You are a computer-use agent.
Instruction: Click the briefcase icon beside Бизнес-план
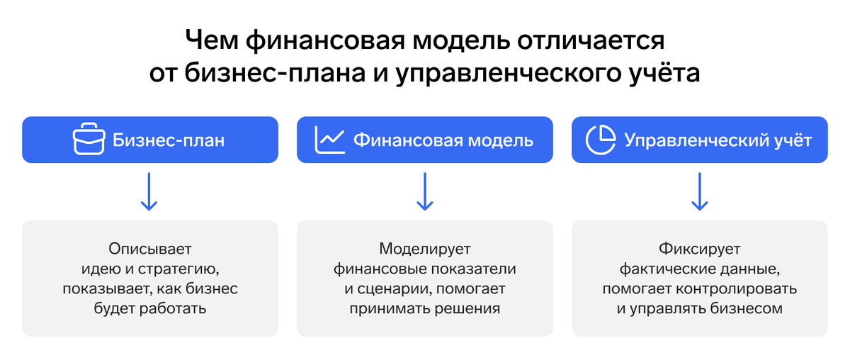[x=89, y=139]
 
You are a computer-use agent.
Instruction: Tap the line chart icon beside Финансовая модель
[x=330, y=140]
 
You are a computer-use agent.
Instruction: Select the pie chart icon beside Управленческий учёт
[x=601, y=140]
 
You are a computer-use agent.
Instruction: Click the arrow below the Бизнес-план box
[x=149, y=192]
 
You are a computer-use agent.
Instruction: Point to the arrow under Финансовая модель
[x=424, y=192]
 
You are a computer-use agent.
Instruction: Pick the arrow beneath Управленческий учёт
[x=699, y=192]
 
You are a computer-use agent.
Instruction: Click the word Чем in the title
[x=212, y=40]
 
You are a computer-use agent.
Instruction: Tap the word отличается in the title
[x=591, y=40]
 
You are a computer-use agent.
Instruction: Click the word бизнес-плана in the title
[x=275, y=72]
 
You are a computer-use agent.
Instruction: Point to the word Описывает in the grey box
[x=150, y=249]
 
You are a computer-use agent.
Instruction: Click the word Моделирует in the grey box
[x=424, y=249]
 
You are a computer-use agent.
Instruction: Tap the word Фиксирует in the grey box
[x=699, y=249]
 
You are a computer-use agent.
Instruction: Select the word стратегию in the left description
[x=178, y=269]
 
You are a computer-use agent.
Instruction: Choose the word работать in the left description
[x=173, y=308]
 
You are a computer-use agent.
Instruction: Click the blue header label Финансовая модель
[x=443, y=140]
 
